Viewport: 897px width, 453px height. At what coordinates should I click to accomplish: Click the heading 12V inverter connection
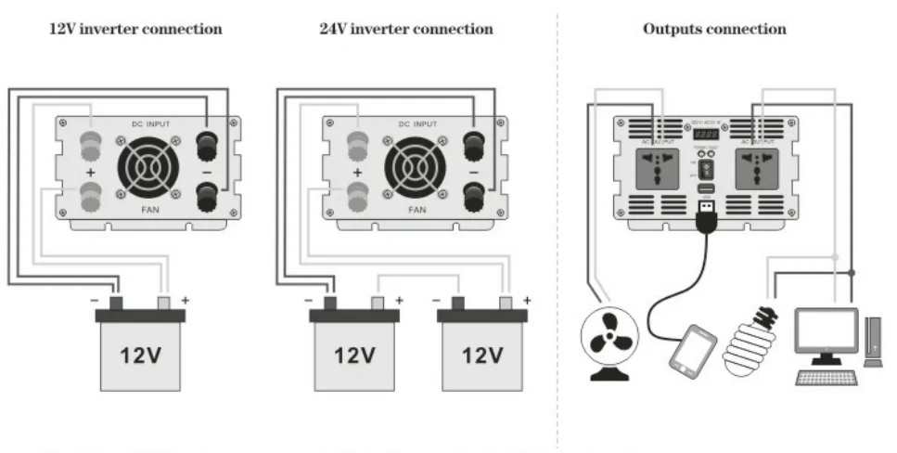coord(135,29)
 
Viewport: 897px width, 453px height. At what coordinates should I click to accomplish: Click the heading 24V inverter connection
coord(406,29)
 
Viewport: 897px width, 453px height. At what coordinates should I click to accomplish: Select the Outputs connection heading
coord(714,29)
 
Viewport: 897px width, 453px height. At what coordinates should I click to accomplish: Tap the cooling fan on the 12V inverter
coord(148,171)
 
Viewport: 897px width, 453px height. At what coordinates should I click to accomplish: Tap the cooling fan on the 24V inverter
coord(416,171)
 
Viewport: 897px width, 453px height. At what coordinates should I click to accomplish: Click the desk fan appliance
coord(604,343)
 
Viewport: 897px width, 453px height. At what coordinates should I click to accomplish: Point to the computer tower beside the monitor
coord(873,342)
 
